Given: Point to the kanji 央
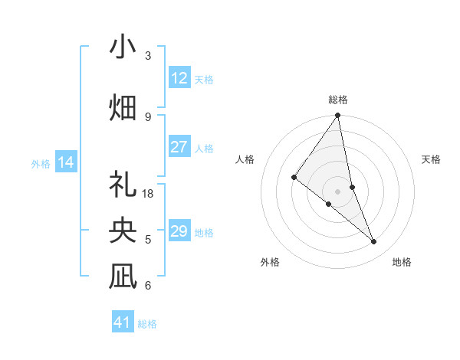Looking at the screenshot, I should tap(123, 231).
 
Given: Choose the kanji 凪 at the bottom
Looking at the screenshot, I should tap(123, 277).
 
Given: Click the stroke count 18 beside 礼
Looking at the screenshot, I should tap(149, 194).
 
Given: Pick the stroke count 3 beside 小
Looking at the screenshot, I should tap(148, 56).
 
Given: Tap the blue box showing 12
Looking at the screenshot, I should tap(179, 77).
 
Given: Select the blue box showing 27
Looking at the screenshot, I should tap(179, 147).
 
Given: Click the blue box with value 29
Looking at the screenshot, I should tap(179, 231).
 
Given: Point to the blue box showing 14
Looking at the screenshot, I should tap(66, 162).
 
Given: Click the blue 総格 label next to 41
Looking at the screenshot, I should tap(148, 324).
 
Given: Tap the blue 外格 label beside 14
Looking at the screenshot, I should tap(41, 163).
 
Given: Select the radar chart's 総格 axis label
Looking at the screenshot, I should tap(338, 100).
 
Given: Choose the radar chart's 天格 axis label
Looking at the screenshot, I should tap(431, 159).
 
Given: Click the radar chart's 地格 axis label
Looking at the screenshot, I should tap(402, 262).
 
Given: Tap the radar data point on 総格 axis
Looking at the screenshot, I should tap(338, 116).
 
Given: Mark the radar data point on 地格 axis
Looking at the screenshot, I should tap(374, 242).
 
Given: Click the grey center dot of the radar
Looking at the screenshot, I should tap(338, 191).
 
